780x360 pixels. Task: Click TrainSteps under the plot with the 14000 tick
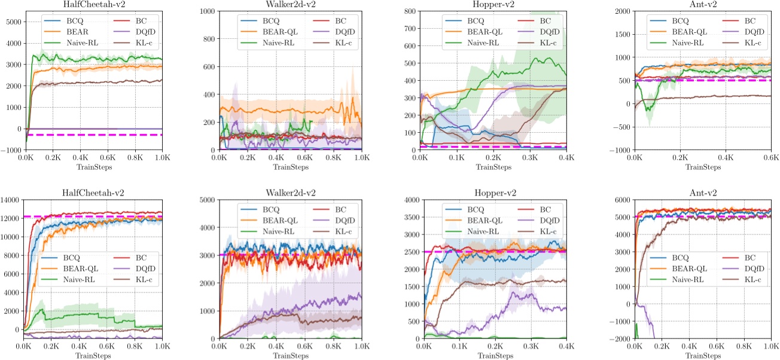93,355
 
